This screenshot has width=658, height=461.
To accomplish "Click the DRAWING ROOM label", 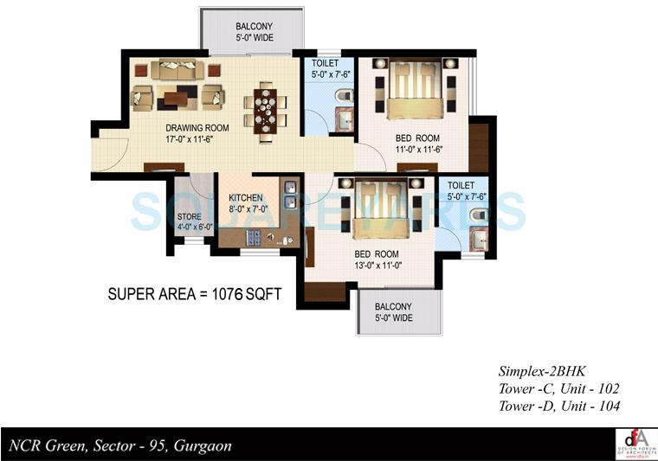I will click(x=197, y=128).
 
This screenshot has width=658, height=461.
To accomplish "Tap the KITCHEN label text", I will click(x=245, y=197).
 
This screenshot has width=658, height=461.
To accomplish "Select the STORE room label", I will click(x=189, y=217).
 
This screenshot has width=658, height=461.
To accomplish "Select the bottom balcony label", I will click(x=393, y=312).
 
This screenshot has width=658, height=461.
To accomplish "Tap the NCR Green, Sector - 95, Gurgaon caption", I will click(x=120, y=446).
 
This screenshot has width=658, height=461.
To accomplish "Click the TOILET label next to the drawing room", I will click(x=326, y=63).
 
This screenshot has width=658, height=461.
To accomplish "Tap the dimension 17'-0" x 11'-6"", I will click(x=197, y=139).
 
